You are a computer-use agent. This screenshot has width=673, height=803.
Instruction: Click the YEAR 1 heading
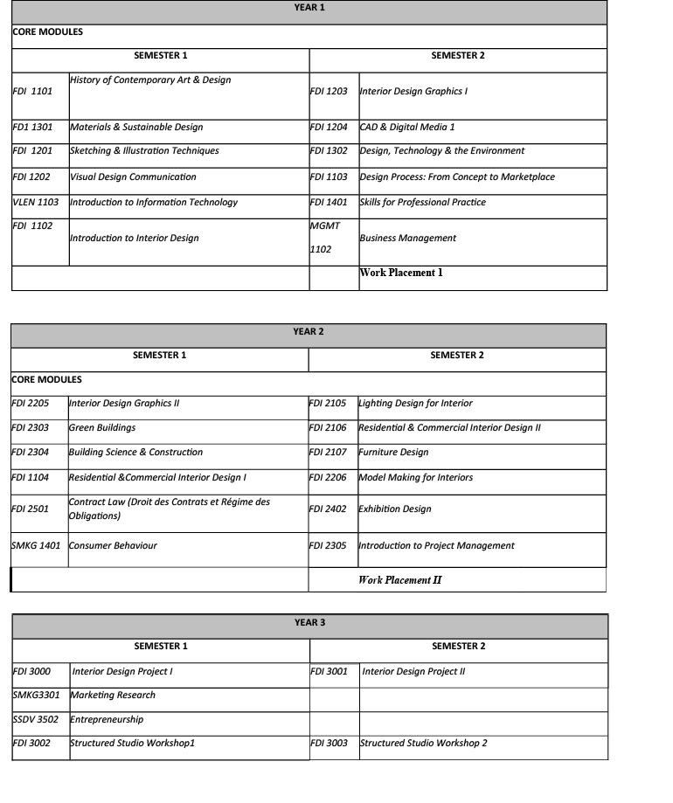pyautogui.click(x=309, y=8)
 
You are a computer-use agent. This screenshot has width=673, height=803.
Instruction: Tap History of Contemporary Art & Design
pyautogui.click(x=150, y=80)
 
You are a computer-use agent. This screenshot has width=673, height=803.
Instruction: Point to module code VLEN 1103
pyautogui.click(x=36, y=202)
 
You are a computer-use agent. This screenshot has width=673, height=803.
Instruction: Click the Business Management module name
pyautogui.click(x=407, y=238)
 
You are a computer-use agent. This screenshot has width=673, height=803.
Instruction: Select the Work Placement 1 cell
pyautogui.click(x=401, y=273)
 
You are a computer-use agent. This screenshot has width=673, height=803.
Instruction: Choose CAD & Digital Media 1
pyautogui.click(x=407, y=127)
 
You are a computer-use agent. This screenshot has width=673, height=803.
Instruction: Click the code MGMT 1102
pyautogui.click(x=325, y=237)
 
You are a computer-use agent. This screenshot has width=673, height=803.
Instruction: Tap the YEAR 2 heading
pyautogui.click(x=309, y=332)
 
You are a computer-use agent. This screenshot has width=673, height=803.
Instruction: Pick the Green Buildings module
pyautogui.click(x=102, y=428)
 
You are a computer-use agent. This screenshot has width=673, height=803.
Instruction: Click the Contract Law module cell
pyautogui.click(x=170, y=509)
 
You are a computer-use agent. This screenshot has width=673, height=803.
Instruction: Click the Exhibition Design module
pyautogui.click(x=395, y=509)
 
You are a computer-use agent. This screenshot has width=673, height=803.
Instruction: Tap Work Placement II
pyautogui.click(x=394, y=579)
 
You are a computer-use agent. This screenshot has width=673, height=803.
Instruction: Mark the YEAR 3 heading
pyautogui.click(x=309, y=623)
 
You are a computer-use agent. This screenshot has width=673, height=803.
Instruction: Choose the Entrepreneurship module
pyautogui.click(x=107, y=720)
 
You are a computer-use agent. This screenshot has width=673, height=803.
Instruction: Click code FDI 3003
pyautogui.click(x=330, y=744)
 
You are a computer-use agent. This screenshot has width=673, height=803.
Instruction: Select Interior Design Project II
pyautogui.click(x=413, y=672)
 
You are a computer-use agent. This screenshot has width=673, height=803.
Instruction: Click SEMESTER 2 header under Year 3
pyautogui.click(x=458, y=647)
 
